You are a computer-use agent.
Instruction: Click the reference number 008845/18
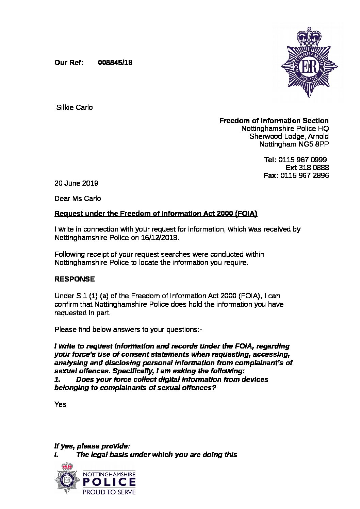click(115, 63)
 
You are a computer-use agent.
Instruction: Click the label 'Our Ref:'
click(69, 63)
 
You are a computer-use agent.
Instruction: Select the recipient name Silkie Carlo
click(74, 108)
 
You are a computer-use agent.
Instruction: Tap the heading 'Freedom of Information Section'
click(274, 121)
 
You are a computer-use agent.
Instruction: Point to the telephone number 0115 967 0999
click(302, 160)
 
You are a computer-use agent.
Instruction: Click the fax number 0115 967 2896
click(305, 175)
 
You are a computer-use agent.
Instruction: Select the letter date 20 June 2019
click(76, 183)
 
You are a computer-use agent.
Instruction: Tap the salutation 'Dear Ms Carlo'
click(78, 198)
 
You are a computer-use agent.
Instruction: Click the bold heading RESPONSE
click(75, 279)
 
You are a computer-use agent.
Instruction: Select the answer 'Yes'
click(60, 404)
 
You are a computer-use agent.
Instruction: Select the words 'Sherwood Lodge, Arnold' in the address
click(289, 136)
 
